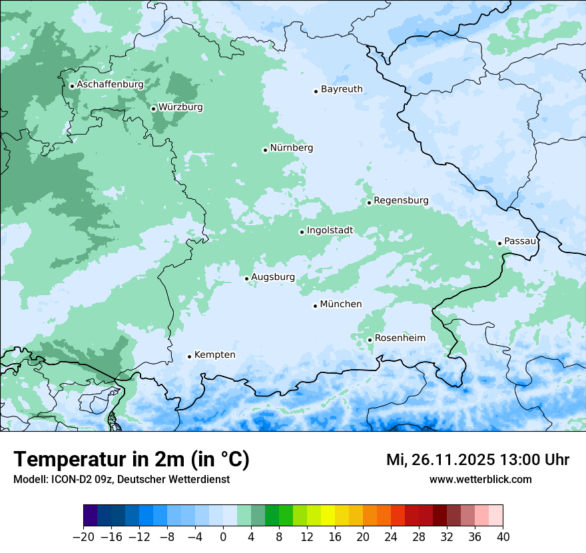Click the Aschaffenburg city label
pyautogui.click(x=110, y=85)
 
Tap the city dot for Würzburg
pyautogui.click(x=153, y=109)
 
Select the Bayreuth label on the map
pyautogui.click(x=342, y=89)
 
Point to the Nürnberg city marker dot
pyautogui.click(x=265, y=150)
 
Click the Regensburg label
pyautogui.click(x=401, y=201)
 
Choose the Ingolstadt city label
pyautogui.click(x=330, y=231)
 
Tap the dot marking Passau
pyautogui.click(x=499, y=243)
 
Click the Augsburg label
pyautogui.click(x=273, y=277)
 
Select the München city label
pyautogui.click(x=341, y=304)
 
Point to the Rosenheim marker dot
pyautogui.click(x=370, y=340)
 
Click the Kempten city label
pyautogui.click(x=214, y=355)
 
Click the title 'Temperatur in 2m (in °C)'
pyautogui.click(x=131, y=460)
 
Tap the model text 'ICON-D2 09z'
pyautogui.click(x=79, y=480)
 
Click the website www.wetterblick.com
pyautogui.click(x=480, y=480)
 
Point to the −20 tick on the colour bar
pyautogui.click(x=83, y=537)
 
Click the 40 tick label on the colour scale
pyautogui.click(x=503, y=537)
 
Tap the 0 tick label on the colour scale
pyautogui.click(x=223, y=537)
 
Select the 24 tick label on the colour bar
pyautogui.click(x=391, y=537)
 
